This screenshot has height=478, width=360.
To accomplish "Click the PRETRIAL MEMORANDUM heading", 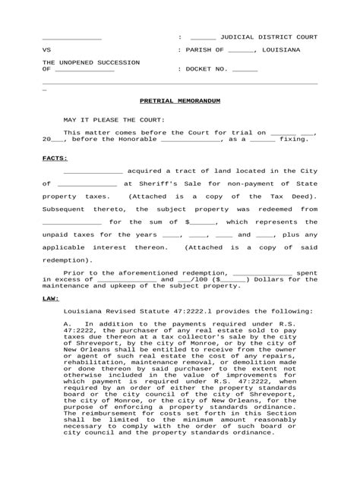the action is coord(179,99).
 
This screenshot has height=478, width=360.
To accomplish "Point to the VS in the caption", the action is coord(46,50).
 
